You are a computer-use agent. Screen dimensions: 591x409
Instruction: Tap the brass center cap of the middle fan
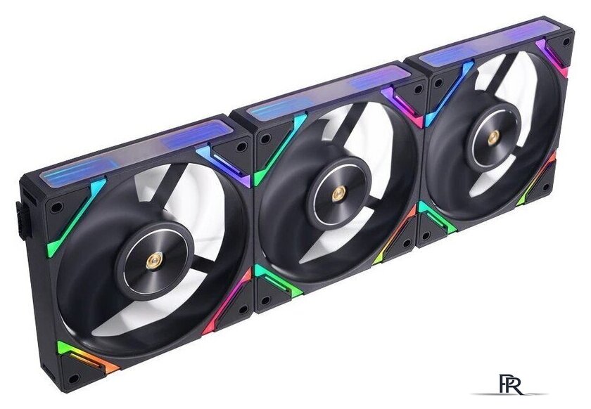click(337, 195)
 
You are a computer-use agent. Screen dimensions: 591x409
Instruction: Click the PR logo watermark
click(511, 384)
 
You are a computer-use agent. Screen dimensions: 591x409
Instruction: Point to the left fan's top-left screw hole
click(56, 207)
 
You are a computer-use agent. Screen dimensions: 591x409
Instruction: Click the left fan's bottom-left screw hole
click(74, 378)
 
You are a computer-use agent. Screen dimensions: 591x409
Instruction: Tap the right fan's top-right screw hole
click(566, 41)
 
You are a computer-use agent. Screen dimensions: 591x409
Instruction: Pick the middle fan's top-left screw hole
click(266, 139)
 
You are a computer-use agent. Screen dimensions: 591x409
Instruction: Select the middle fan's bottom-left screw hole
click(265, 301)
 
